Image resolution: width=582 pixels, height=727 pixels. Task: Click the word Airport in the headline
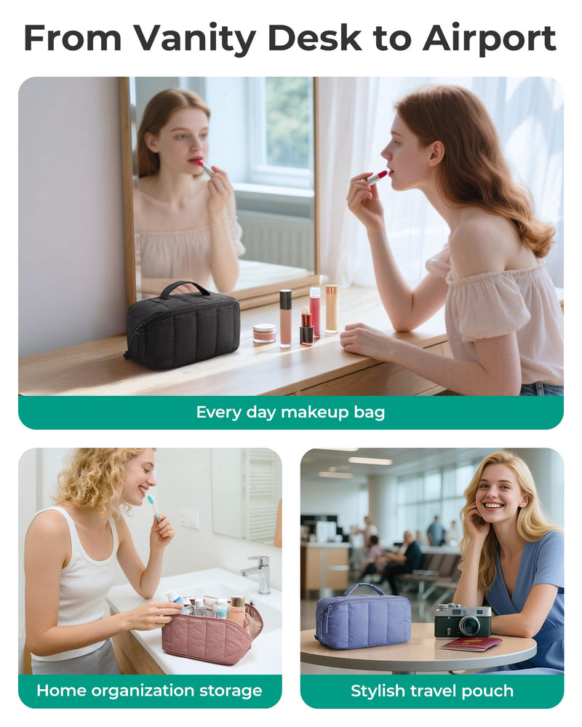[489, 39]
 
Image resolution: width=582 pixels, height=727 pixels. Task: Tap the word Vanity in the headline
[195, 39]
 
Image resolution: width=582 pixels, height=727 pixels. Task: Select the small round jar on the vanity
[264, 333]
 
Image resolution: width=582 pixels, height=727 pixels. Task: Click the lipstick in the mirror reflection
[204, 166]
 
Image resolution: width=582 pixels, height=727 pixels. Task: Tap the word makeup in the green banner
[314, 412]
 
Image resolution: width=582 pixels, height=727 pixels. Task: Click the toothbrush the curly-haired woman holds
[154, 507]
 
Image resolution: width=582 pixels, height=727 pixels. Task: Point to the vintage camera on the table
[462, 620]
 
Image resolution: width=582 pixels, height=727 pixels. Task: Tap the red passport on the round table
[471, 643]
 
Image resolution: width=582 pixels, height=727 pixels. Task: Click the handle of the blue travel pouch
[363, 589]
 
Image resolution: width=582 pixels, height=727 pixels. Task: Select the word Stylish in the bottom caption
[378, 691]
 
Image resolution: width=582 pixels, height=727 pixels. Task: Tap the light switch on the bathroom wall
[189, 518]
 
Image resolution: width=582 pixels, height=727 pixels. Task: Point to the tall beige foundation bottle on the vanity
[331, 309]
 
